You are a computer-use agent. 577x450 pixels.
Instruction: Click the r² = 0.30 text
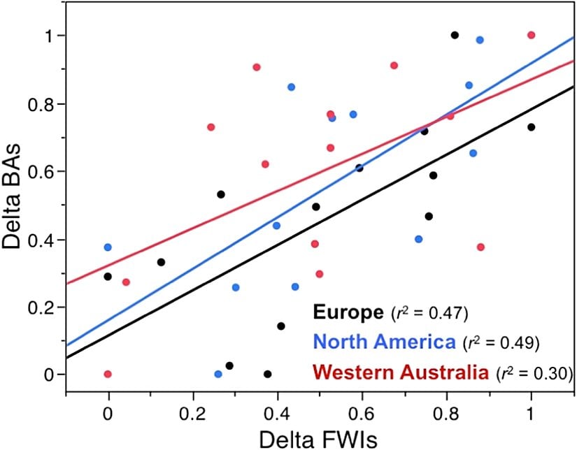point(534,373)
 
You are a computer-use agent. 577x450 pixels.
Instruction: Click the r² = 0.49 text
point(503,342)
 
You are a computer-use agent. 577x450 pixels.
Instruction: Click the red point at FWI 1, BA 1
point(531,35)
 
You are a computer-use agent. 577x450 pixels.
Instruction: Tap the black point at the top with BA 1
point(455,35)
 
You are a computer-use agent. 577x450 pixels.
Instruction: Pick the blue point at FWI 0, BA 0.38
point(108,247)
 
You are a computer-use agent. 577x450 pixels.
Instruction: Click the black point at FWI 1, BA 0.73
point(532,126)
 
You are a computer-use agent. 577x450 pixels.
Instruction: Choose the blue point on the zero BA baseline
point(218,374)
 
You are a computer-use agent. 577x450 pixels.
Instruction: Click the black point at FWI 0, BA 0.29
point(108,277)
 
